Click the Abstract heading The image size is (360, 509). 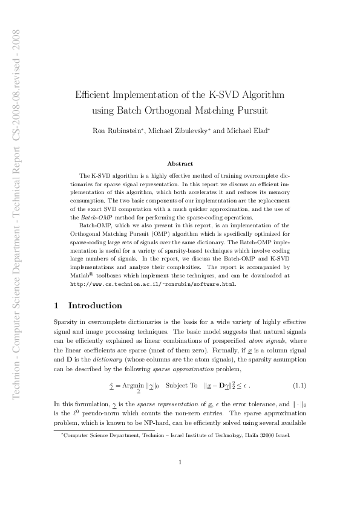tap(180, 163)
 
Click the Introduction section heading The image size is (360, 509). tap(96, 305)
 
